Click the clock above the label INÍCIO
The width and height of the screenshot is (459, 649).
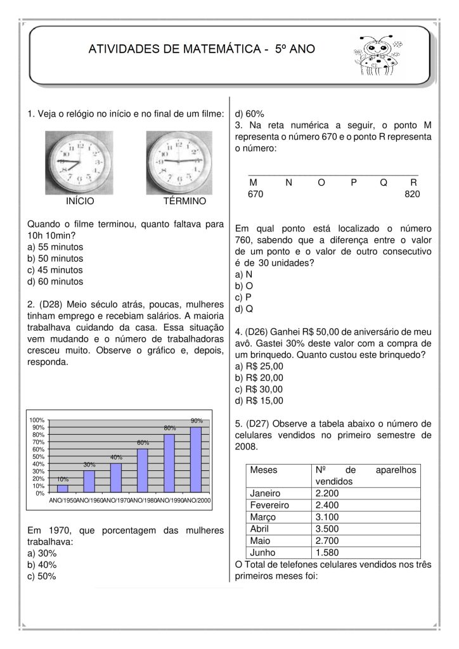[79, 162]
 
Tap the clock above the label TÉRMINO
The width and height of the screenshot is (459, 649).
[179, 162]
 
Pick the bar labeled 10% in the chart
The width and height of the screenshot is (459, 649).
[63, 489]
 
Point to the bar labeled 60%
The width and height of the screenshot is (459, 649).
[143, 470]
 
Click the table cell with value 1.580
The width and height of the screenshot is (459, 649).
[326, 553]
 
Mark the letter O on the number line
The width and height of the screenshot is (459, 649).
[321, 183]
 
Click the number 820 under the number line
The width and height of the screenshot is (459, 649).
[411, 194]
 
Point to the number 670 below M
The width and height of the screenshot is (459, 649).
[255, 194]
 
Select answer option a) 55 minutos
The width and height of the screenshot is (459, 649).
[56, 247]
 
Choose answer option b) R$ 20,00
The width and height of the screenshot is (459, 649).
[259, 378]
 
